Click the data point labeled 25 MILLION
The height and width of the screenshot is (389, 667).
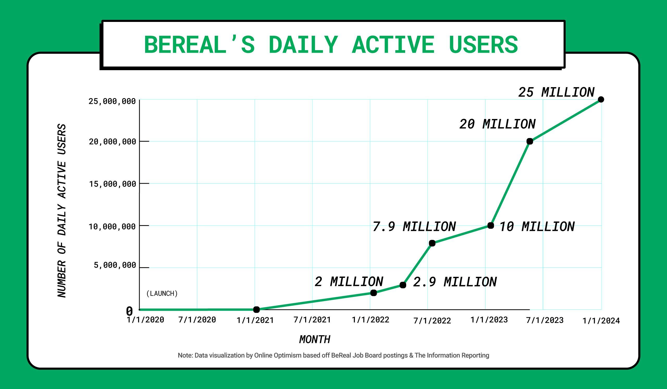pos(601,99)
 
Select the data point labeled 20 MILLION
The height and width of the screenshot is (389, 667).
pos(530,141)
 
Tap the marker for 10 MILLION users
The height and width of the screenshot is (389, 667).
pos(490,225)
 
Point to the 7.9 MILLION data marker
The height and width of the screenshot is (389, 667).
pos(432,243)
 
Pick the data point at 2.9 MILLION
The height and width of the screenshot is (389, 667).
pos(403,285)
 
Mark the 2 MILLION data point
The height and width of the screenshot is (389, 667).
pos(373,293)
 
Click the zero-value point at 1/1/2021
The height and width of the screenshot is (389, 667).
pos(256,309)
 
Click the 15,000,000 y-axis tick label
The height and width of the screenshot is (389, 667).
pos(113,184)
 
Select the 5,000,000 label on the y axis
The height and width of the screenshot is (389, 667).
pos(115,265)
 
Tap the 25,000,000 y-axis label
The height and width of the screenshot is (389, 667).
pos(112,101)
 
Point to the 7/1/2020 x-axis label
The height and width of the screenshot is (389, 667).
pos(197,320)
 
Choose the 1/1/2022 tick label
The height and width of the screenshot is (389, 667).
pos(370,320)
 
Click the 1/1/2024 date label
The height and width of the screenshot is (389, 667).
pos(601,321)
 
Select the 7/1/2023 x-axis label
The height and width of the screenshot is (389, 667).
pos(545,320)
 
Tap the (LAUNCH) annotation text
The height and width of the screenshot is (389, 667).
pos(162,294)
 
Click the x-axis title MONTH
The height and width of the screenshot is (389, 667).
pos(315,339)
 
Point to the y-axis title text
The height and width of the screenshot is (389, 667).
pos(62,211)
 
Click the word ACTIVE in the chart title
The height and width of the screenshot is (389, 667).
pos(393,45)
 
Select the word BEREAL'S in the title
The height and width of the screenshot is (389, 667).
pos(199,45)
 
